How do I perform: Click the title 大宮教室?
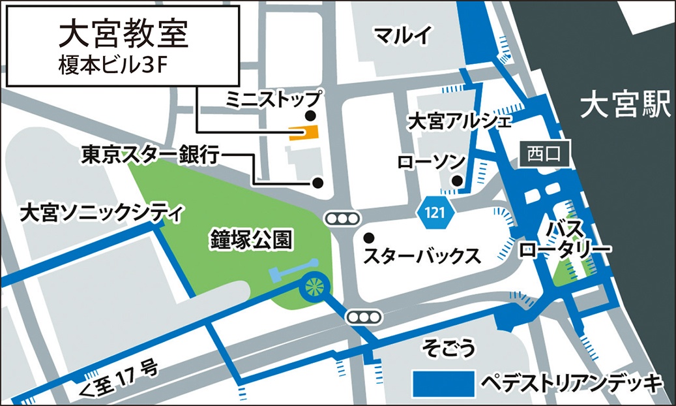pyautogui.click(x=123, y=35)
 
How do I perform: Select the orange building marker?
pyautogui.click(x=304, y=133)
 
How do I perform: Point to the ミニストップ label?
pyautogui.click(x=273, y=99)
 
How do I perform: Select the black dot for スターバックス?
pyautogui.click(x=370, y=237)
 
